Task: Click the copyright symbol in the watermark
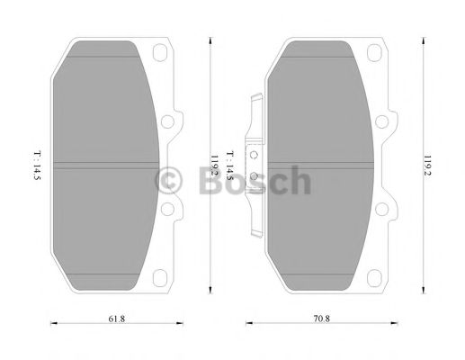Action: point(169,182)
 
